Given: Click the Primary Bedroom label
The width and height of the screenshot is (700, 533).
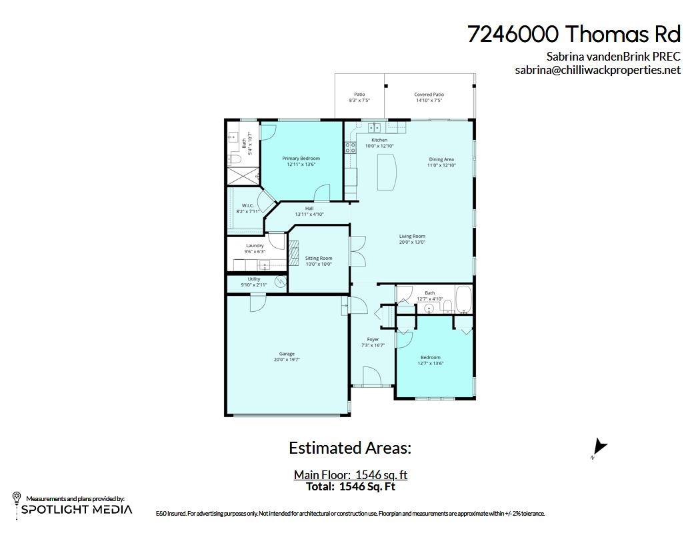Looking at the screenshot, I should point(301,159).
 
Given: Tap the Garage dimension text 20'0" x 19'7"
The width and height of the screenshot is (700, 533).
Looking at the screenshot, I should point(287,360).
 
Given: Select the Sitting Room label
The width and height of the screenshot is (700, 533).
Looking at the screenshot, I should point(319,259).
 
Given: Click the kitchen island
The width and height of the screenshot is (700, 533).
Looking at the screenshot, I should point(386,172).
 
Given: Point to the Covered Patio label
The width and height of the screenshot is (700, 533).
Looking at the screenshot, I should point(429,95).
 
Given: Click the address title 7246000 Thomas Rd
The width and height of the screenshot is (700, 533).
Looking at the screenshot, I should point(574,34).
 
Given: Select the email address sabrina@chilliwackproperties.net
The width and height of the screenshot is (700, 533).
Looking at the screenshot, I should point(597,70).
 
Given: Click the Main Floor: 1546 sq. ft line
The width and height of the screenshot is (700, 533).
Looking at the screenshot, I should point(350,475).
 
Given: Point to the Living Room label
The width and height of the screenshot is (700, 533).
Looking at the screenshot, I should point(412,237).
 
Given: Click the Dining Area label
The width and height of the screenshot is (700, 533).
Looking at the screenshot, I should point(441,159).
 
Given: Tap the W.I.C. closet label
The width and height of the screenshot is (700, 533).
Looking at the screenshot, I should point(247,205).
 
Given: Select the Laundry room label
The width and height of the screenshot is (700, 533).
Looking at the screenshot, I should point(255,246).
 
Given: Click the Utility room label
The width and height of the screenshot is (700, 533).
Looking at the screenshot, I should point(254,279).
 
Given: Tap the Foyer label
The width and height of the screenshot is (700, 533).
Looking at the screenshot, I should point(373,339).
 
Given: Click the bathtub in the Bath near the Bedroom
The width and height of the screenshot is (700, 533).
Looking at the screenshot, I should point(463,299).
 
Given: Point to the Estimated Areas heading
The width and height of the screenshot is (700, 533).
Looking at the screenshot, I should point(350,448).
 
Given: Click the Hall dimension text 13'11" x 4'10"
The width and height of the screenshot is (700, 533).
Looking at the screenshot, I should point(309,215).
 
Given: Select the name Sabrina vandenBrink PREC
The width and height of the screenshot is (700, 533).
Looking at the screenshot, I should point(613,57).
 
